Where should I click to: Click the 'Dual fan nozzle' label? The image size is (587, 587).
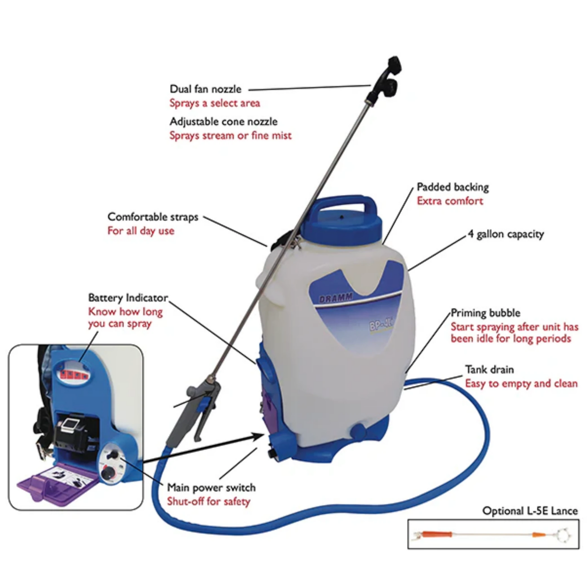tap(205, 89)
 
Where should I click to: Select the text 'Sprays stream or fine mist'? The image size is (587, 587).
tap(230, 135)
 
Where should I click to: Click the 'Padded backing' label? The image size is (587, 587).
tap(452, 187)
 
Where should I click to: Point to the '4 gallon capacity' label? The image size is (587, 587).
tap(506, 234)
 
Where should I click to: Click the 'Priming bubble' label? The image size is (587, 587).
tap(485, 313)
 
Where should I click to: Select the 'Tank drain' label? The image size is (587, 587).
tap(489, 370)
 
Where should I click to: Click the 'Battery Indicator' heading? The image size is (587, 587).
tap(128, 298)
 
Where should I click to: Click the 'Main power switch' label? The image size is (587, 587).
tap(211, 488)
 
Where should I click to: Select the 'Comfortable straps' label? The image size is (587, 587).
tap(153, 217)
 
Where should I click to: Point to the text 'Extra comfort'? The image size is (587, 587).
tap(450, 201)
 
